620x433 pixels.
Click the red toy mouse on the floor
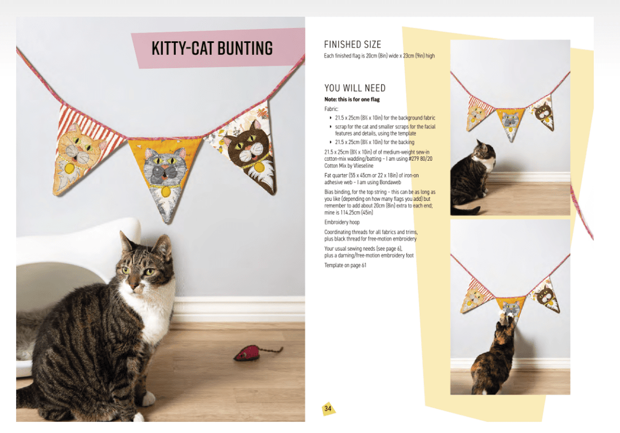(x=249, y=354)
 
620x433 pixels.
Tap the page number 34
(x=327, y=408)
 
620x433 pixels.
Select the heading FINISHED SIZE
(x=352, y=45)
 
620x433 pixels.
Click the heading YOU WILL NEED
(x=355, y=88)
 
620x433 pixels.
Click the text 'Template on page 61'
(x=345, y=265)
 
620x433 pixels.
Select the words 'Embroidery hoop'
(x=342, y=222)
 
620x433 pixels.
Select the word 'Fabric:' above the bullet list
(x=331, y=108)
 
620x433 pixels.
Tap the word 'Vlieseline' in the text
(x=372, y=166)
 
